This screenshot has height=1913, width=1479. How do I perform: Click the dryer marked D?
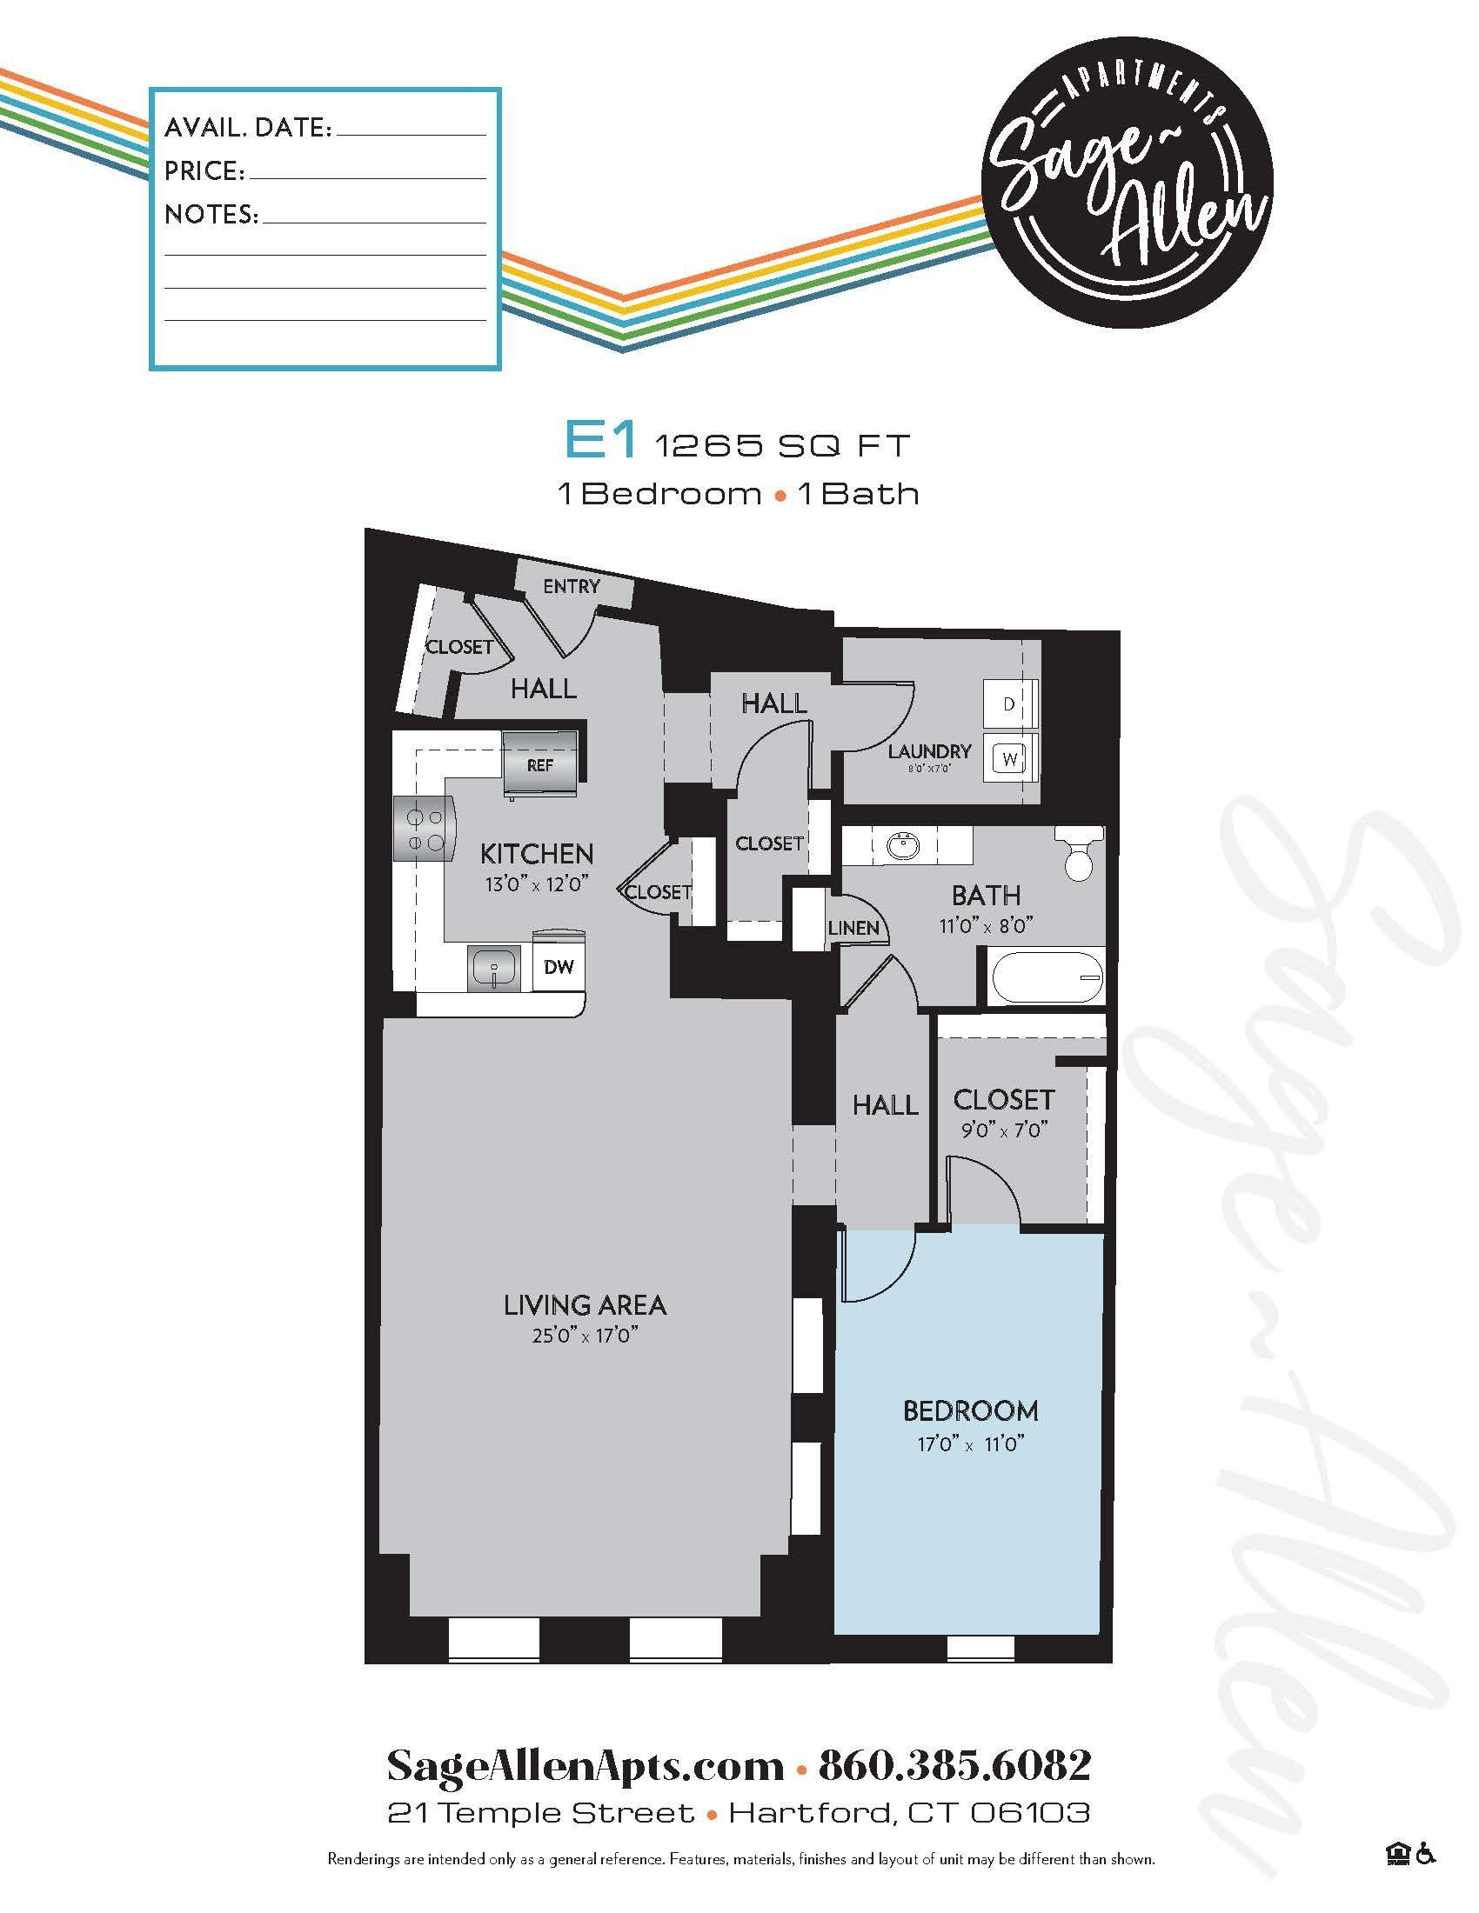pyautogui.click(x=1008, y=704)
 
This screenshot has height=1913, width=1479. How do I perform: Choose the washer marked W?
pyautogui.click(x=1010, y=758)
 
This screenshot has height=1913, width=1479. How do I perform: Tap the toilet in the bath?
pyautogui.click(x=1079, y=853)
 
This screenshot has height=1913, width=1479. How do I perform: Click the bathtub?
pyautogui.click(x=1046, y=977)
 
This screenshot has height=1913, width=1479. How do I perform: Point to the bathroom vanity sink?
pyautogui.click(x=902, y=847)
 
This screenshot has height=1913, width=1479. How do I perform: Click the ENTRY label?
pyautogui.click(x=572, y=586)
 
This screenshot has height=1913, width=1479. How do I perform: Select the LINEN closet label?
pyautogui.click(x=853, y=928)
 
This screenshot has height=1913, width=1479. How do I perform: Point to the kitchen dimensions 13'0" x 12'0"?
pyautogui.click(x=534, y=883)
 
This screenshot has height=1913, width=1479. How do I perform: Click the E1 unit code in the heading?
pyautogui.click(x=599, y=443)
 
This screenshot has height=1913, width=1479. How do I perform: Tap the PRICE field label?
pyautogui.click(x=204, y=171)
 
